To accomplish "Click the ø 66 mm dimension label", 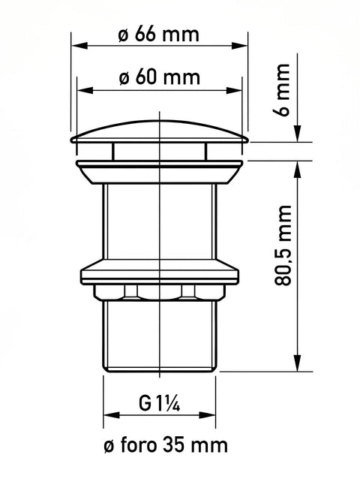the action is click(x=158, y=34).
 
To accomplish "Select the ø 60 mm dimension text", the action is click(x=159, y=77).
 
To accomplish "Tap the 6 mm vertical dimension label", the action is click(x=282, y=89).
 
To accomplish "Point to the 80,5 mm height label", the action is click(x=283, y=246).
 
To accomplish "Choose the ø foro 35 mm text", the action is click(x=166, y=445).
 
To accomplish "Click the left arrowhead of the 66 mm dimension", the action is click(x=79, y=46).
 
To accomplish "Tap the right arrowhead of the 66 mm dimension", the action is click(x=240, y=46).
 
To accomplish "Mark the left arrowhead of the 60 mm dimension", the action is click(x=85, y=91).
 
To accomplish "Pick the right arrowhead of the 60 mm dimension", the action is click(x=234, y=91).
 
